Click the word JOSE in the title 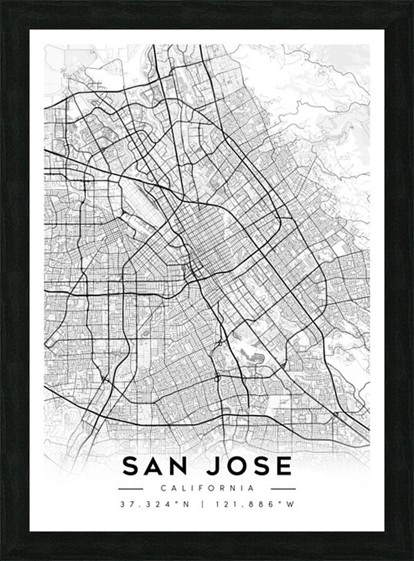coord(249,466)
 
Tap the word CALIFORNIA coord(207,489)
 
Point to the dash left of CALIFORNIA coord(130,489)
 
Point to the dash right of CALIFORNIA coord(284,489)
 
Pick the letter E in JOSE coord(284,466)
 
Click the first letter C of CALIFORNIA coord(163,489)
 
